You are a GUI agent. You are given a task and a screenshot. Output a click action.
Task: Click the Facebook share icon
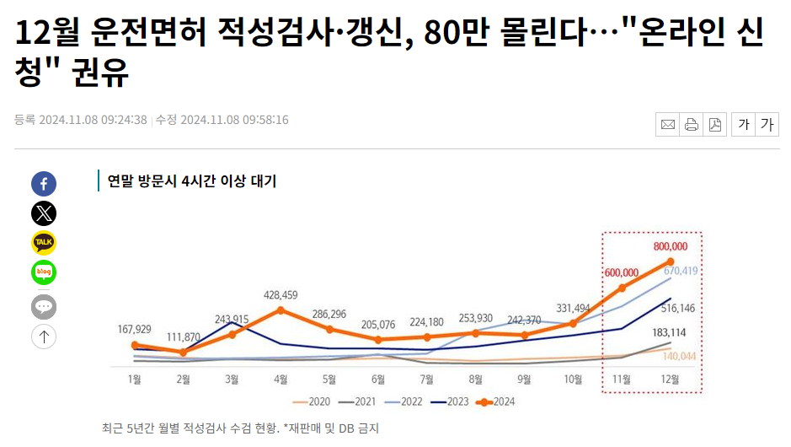click(x=44, y=184)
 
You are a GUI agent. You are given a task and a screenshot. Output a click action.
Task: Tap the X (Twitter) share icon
click(x=44, y=213)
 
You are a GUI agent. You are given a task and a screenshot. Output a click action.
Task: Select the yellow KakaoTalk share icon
click(x=44, y=243)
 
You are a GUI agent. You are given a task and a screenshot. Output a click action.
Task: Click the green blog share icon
click(x=44, y=272)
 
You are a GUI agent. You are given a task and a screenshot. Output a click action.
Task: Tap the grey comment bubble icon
click(x=44, y=306)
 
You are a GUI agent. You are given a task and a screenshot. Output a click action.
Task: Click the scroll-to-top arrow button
click(x=44, y=337)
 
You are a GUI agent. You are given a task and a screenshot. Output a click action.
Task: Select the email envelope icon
click(x=668, y=125)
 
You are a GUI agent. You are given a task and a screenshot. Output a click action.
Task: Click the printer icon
click(x=692, y=125)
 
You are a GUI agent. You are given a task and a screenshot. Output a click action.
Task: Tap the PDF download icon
click(x=715, y=125)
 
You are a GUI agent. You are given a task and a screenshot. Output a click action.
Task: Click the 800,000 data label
click(x=671, y=246)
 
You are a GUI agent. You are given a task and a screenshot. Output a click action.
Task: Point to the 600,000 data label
click(x=622, y=272)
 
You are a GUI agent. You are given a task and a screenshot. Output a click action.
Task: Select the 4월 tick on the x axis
click(x=281, y=380)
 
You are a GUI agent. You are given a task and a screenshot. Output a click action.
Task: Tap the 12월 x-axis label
click(x=670, y=380)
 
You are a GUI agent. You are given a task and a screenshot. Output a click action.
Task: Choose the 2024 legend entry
click(x=496, y=401)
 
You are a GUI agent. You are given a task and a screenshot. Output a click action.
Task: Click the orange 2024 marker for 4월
click(x=281, y=310)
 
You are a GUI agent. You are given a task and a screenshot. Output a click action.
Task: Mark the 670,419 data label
click(x=681, y=271)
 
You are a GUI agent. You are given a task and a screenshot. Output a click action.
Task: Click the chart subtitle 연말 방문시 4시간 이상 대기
click(x=192, y=180)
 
